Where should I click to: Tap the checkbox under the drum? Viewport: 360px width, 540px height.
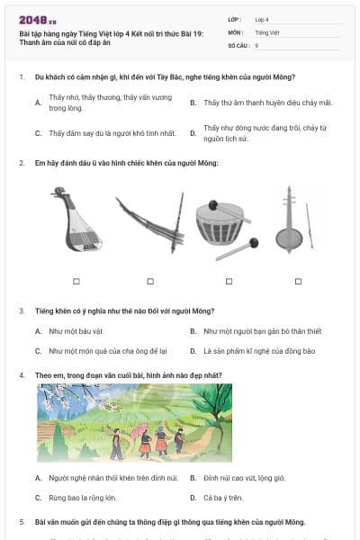pyautogui.click(x=228, y=281)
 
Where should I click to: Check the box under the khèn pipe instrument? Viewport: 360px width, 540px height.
pyautogui.click(x=152, y=281)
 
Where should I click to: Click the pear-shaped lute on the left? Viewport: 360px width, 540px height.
pyautogui.click(x=76, y=220)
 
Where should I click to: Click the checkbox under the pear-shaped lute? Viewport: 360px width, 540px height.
pyautogui.click(x=76, y=281)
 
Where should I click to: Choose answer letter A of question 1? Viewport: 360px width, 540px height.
pyautogui.click(x=38, y=103)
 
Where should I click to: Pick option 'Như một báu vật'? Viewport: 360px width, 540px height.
pyautogui.click(x=76, y=331)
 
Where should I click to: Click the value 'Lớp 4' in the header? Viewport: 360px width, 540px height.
pyautogui.click(x=262, y=19)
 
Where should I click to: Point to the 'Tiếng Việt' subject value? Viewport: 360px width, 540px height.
pyautogui.click(x=267, y=31)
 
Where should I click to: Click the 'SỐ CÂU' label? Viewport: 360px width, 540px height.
pyautogui.click(x=238, y=44)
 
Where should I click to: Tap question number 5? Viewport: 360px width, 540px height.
pyautogui.click(x=22, y=522)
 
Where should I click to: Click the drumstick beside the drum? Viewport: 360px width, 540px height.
pyautogui.click(x=237, y=248)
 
